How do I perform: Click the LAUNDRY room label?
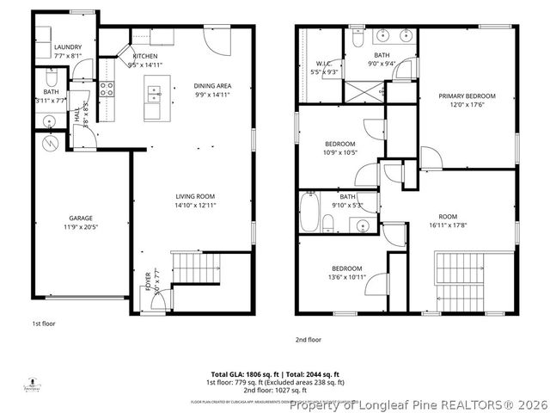pyautogui.click(x=67, y=47)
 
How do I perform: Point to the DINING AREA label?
pyautogui.click(x=211, y=86)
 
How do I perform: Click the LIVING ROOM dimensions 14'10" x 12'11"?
pyautogui.click(x=195, y=206)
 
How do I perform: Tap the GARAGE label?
pyautogui.click(x=81, y=219)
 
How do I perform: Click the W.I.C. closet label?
pyautogui.click(x=323, y=62)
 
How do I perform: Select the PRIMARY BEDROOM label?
pyautogui.click(x=467, y=96)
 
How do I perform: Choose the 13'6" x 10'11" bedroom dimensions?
pyautogui.click(x=347, y=277)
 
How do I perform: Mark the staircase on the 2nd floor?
pyautogui.click(x=460, y=281)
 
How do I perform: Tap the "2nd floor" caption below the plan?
pyautogui.click(x=308, y=339)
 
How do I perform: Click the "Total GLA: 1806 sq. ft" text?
pyautogui.click(x=246, y=374)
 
